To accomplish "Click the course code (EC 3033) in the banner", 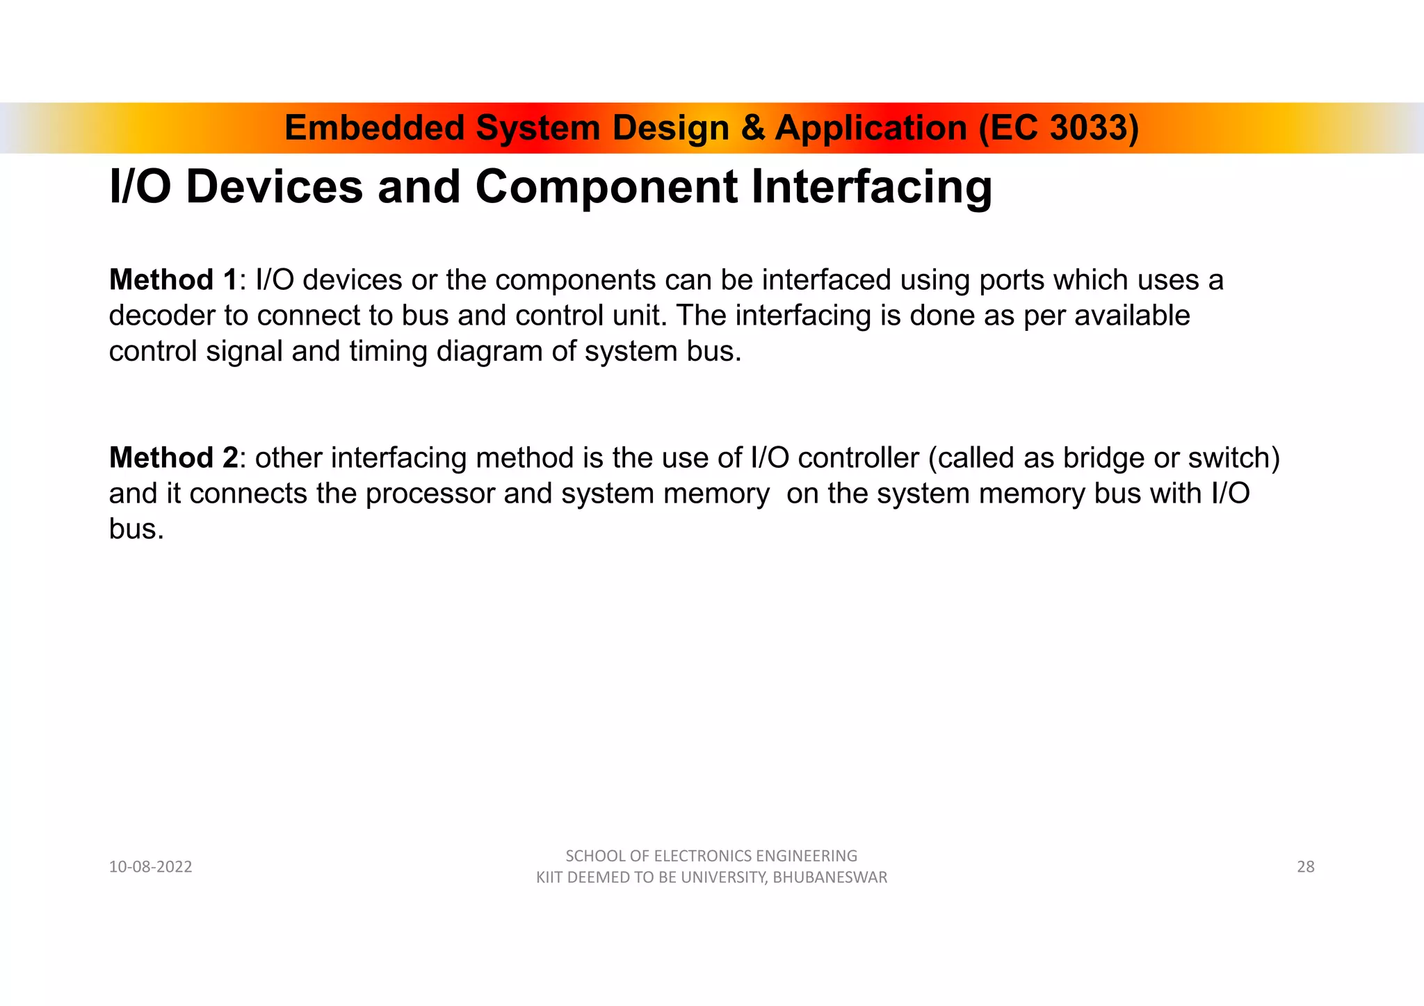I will [x=1059, y=128].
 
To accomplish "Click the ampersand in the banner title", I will [x=752, y=128].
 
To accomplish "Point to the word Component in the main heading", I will [x=606, y=187].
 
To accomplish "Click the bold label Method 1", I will [x=173, y=280].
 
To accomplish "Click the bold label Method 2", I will [x=173, y=458].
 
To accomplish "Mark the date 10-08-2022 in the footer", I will [x=150, y=867].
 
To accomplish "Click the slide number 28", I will [x=1305, y=867].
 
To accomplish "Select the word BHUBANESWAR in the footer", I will [x=830, y=878].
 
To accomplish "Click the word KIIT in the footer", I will [x=549, y=878].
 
